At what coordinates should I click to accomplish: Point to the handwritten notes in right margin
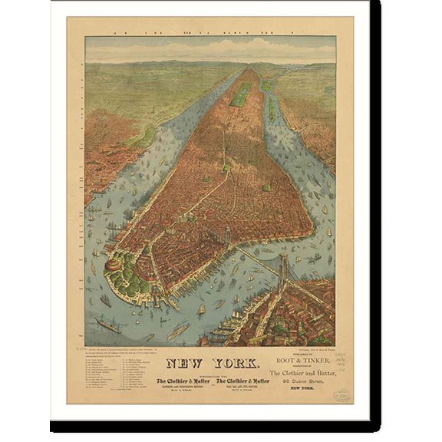click(x=345, y=365)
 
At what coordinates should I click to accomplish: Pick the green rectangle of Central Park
click(x=241, y=94)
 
